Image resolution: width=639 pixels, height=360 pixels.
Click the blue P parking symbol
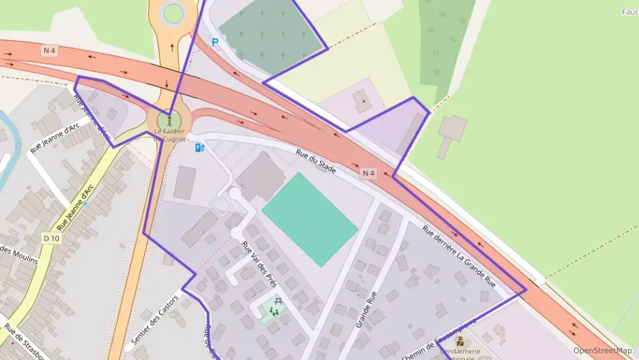[x=215, y=42]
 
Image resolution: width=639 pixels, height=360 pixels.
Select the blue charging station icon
[x=199, y=147]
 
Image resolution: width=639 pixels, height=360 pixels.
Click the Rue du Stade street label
[x=316, y=161]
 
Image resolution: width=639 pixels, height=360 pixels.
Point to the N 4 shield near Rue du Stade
[x=369, y=174]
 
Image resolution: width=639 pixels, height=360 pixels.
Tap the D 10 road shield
[x=51, y=238]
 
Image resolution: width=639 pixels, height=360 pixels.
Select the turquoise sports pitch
[x=309, y=218]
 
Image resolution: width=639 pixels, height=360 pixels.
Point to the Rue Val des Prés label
[x=259, y=264]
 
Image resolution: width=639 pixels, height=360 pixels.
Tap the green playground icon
[x=274, y=312]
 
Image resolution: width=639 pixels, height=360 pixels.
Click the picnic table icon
[x=278, y=301]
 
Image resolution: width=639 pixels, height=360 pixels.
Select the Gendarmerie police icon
[x=459, y=340]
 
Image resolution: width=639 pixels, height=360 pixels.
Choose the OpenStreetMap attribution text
[x=602, y=350]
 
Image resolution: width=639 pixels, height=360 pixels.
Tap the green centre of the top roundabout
[x=173, y=12]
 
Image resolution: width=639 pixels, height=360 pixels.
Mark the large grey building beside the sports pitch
[x=260, y=176]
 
